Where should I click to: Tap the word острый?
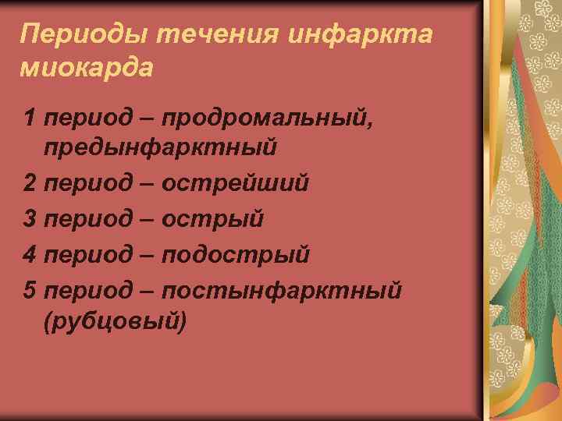click(212, 220)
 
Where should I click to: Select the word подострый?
click(236, 256)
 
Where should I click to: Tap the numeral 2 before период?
click(30, 184)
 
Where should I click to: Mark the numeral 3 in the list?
click(30, 220)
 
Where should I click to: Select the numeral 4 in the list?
click(30, 256)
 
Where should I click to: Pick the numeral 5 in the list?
click(30, 292)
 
